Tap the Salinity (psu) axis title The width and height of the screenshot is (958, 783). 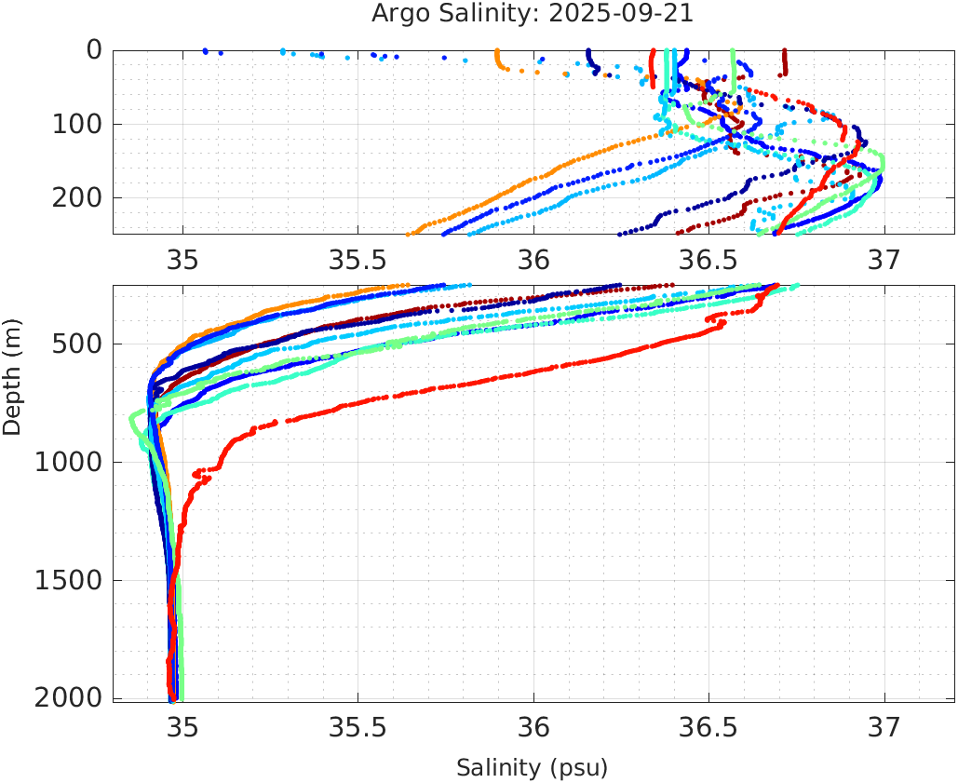[532, 768]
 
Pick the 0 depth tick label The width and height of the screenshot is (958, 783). [94, 50]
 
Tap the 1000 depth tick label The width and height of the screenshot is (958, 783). [71, 463]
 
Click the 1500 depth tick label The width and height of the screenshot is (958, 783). [71, 581]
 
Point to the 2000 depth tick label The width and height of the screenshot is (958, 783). [71, 698]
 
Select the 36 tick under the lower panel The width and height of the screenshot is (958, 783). [533, 727]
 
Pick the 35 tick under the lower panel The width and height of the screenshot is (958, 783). [183, 727]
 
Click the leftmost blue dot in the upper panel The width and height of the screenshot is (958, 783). [205, 51]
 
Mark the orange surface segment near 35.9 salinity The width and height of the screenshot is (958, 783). [498, 60]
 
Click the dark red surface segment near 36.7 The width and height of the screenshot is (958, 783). [785, 62]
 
